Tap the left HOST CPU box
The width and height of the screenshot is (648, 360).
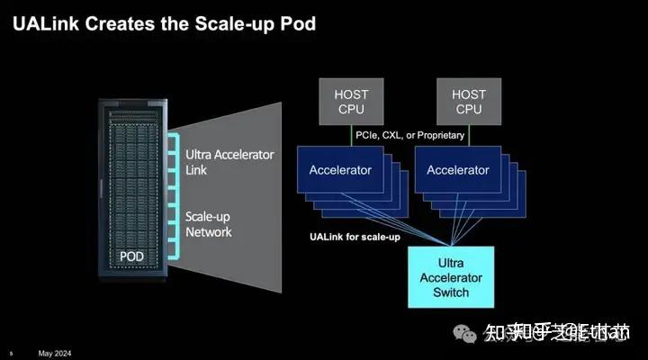[352, 101]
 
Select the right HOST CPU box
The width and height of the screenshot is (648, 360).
[468, 101]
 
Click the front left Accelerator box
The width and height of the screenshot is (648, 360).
[340, 170]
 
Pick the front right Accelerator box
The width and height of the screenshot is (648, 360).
[457, 170]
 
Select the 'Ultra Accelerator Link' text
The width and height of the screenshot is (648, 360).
[229, 162]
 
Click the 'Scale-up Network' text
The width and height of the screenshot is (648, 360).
[209, 224]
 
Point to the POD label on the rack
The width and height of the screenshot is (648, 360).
[131, 256]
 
